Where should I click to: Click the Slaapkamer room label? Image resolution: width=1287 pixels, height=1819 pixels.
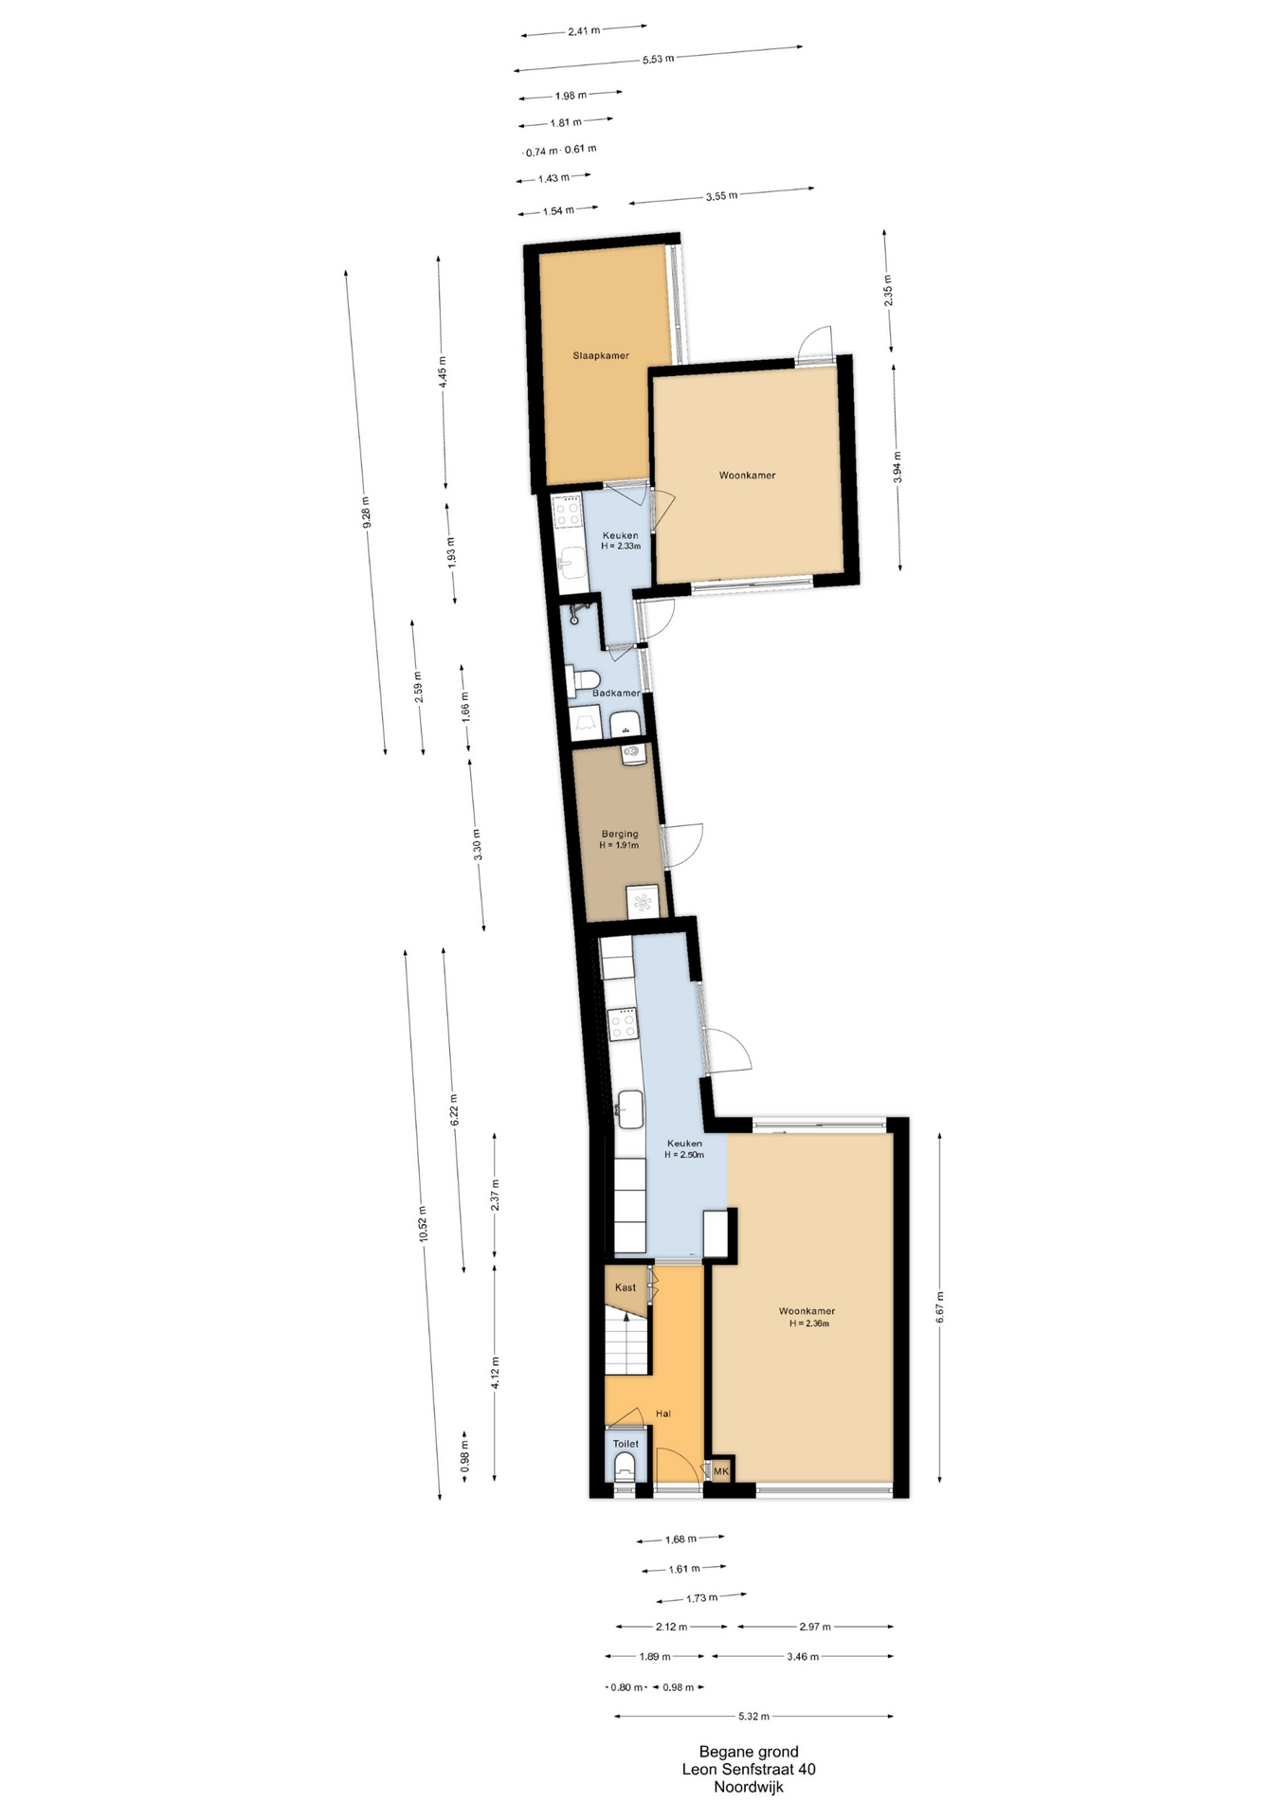coord(601,356)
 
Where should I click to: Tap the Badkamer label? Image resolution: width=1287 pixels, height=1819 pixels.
coord(616,693)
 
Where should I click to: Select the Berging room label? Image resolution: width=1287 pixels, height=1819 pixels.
coord(620,835)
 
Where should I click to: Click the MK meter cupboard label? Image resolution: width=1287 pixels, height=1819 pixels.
coord(721,1471)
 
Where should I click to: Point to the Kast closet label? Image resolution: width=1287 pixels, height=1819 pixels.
coord(625,1288)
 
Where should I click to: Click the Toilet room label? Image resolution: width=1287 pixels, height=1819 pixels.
coord(625,1444)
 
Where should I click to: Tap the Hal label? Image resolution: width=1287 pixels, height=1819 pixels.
coord(663,1414)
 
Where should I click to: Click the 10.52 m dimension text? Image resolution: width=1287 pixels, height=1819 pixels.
coord(424,1224)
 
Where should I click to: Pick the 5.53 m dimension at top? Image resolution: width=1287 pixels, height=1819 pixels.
coord(658,59)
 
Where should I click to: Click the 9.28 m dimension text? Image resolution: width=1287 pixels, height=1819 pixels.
coord(366,513)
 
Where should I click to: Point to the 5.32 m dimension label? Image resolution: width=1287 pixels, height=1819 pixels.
coord(753,1716)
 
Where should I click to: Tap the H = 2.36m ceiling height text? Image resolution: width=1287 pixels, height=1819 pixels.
coord(809,1324)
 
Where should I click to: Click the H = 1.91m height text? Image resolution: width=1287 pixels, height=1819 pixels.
coord(619,845)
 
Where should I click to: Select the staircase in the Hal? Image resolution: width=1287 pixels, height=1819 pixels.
coord(626,1342)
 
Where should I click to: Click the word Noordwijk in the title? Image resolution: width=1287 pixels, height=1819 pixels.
coord(749,1788)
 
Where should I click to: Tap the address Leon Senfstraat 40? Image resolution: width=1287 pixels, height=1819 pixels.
coord(749,1770)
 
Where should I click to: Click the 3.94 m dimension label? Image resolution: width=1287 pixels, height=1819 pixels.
coord(897,468)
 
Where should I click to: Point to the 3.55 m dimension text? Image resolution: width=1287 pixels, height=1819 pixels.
coord(721,196)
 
